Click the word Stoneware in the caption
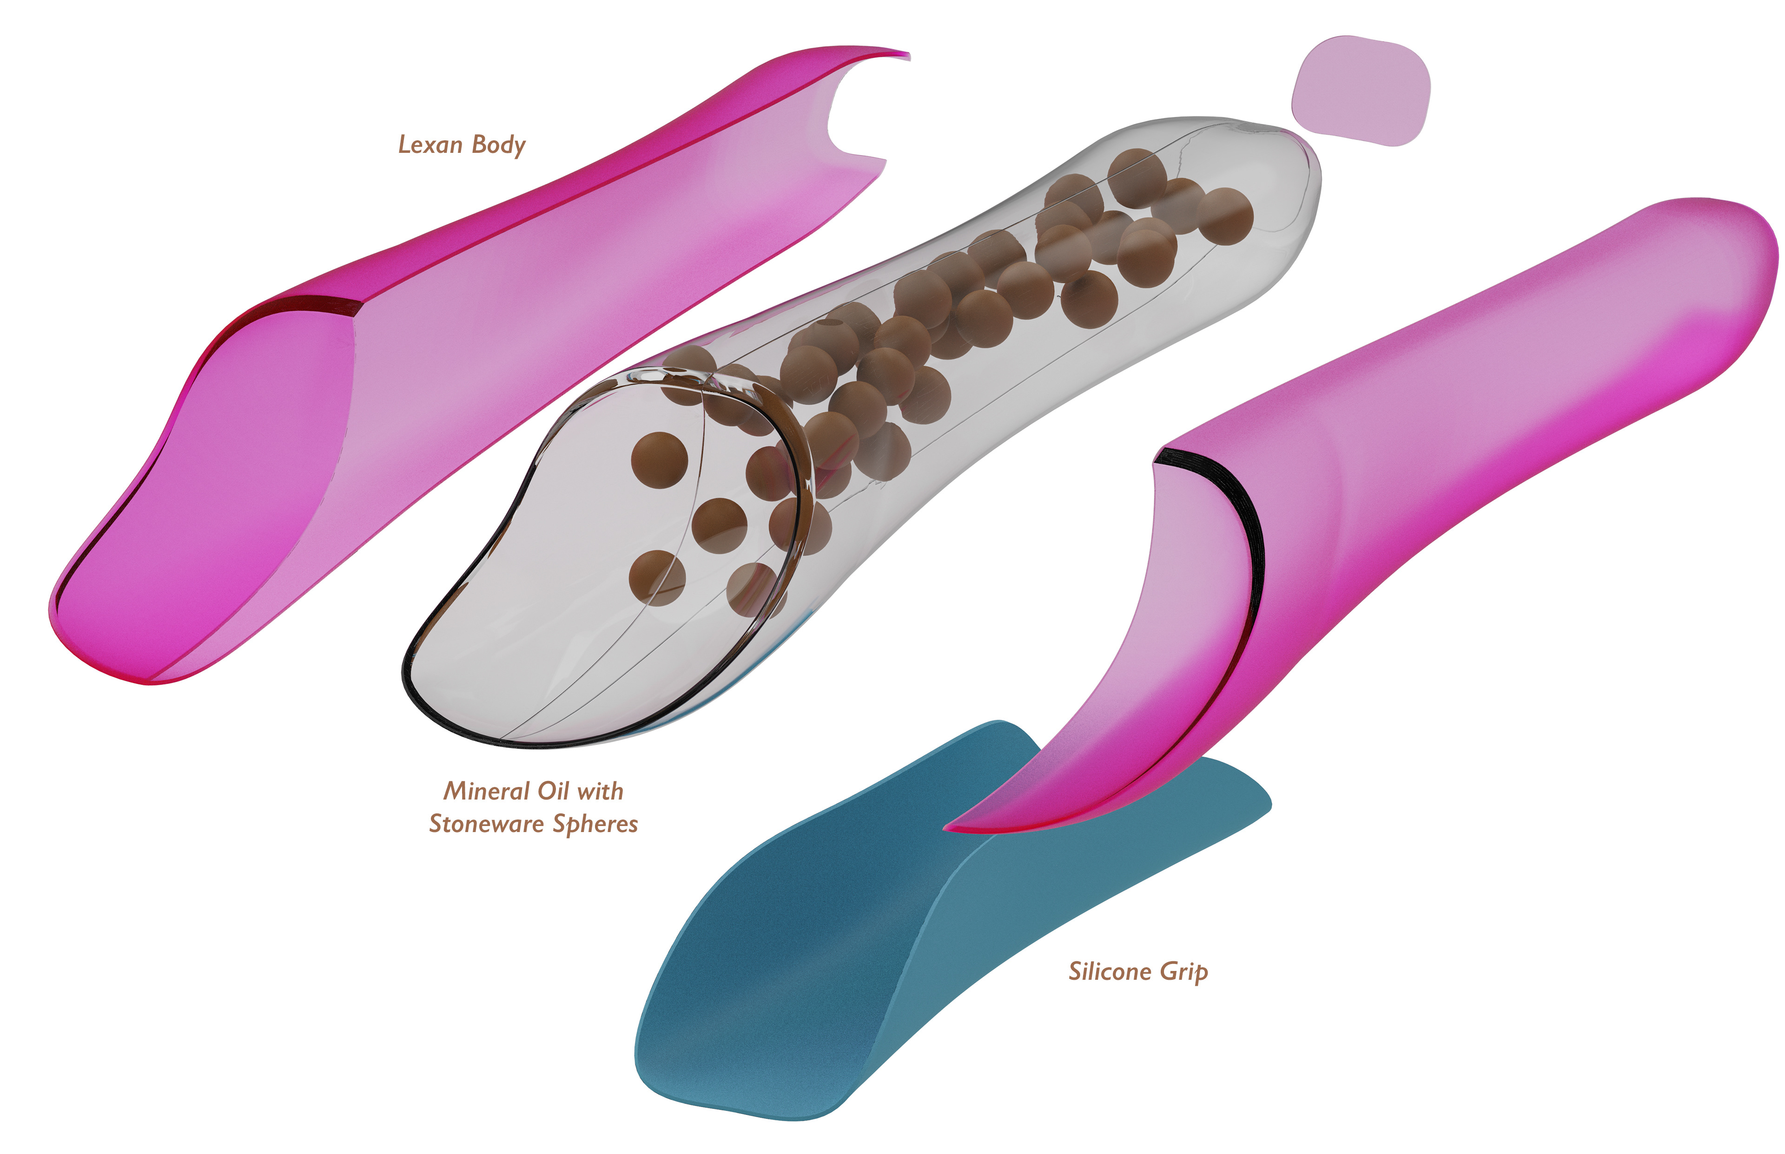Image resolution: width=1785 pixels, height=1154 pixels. pyautogui.click(x=486, y=824)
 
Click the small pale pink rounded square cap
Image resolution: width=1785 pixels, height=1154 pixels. pyautogui.click(x=1360, y=91)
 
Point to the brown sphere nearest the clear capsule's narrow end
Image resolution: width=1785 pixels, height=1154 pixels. pyautogui.click(x=1225, y=216)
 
